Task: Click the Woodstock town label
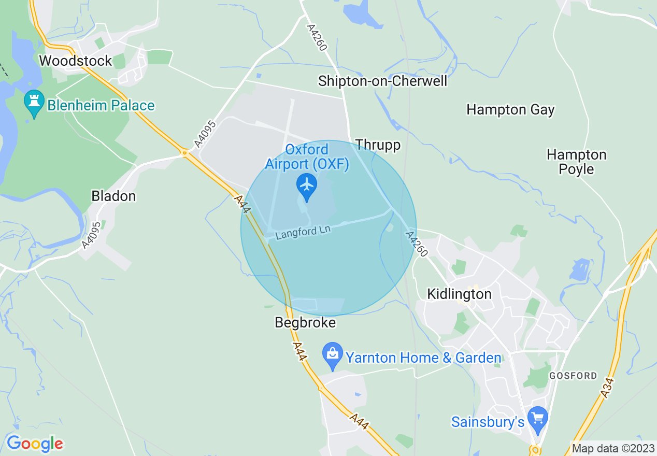click(75, 61)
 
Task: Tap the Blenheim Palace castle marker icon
click(34, 104)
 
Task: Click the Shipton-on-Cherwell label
click(382, 81)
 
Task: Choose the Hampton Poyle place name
click(576, 162)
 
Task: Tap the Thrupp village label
click(378, 145)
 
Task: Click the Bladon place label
click(113, 196)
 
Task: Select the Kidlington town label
click(459, 294)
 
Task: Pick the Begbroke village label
click(305, 322)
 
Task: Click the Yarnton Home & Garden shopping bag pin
click(332, 354)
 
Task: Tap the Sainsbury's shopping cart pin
click(537, 419)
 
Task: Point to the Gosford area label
click(573, 376)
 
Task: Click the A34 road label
click(608, 388)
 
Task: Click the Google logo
click(34, 444)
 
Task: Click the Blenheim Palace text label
click(101, 105)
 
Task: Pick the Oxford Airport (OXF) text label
click(307, 157)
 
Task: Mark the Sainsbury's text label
click(488, 422)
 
